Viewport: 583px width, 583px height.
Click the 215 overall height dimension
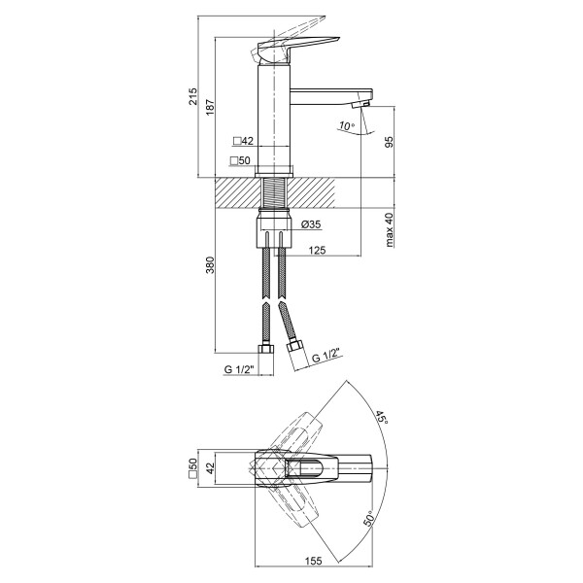(193, 96)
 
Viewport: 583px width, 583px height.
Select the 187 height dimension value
(211, 107)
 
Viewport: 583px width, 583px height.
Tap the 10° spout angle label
(347, 125)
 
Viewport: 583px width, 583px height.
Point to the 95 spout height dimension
(389, 142)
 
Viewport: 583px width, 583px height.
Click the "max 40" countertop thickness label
(389, 230)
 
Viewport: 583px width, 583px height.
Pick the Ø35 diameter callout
(311, 224)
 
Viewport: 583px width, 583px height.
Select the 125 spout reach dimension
(317, 251)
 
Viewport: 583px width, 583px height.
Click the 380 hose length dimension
(211, 264)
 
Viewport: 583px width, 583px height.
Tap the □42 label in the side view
(243, 141)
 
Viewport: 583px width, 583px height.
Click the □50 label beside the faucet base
(240, 160)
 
